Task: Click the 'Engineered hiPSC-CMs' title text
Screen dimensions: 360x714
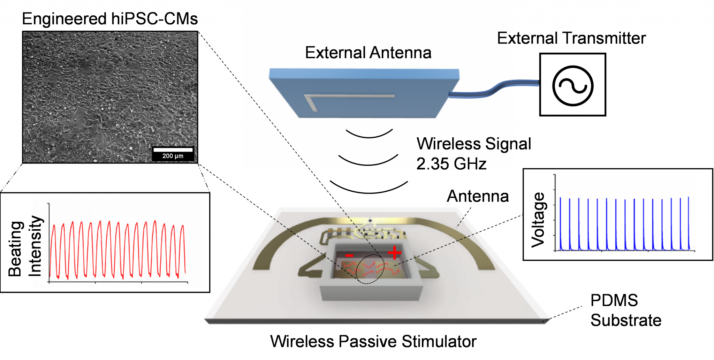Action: (x=110, y=19)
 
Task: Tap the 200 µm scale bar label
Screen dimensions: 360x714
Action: (x=173, y=156)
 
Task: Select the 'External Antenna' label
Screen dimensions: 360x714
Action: (x=368, y=53)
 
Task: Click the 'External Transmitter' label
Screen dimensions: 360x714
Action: (x=571, y=38)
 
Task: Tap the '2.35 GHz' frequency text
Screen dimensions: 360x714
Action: (x=451, y=164)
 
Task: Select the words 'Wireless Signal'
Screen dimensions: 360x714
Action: (x=473, y=144)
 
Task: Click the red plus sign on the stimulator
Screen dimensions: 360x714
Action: (x=394, y=252)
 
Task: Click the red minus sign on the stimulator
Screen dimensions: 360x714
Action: (x=349, y=256)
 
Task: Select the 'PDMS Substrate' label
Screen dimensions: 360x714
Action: (x=625, y=310)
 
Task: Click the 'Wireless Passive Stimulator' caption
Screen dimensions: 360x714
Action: (x=373, y=342)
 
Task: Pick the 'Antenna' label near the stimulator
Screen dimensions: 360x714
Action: (x=478, y=196)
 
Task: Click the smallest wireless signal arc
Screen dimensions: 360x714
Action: (x=369, y=137)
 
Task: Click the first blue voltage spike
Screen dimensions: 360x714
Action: (x=560, y=223)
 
